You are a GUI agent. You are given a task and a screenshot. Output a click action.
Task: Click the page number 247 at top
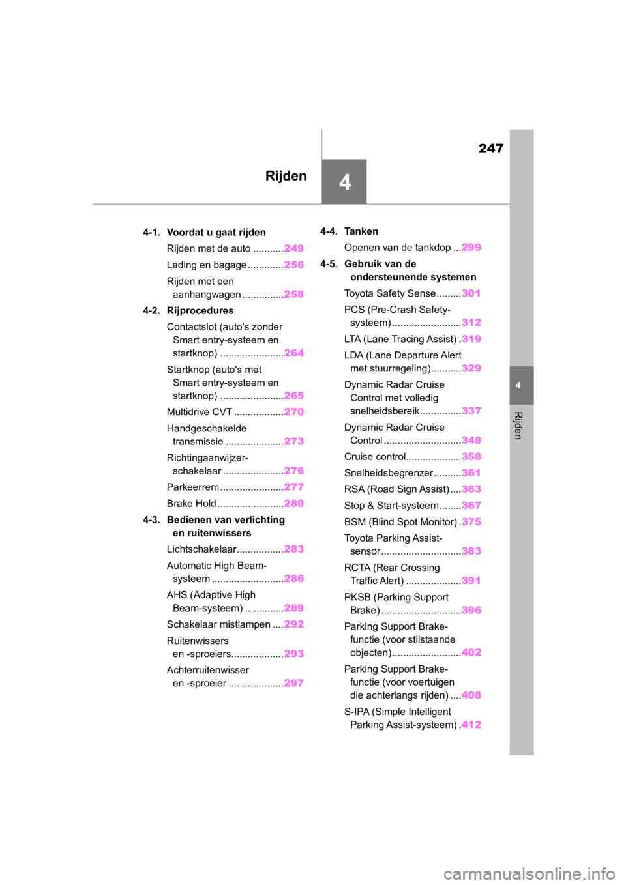click(x=490, y=149)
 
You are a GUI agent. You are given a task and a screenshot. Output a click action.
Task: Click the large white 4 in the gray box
click(x=344, y=182)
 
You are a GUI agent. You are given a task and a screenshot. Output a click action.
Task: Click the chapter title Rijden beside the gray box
click(x=286, y=176)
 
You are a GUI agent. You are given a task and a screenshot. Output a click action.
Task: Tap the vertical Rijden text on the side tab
click(x=518, y=425)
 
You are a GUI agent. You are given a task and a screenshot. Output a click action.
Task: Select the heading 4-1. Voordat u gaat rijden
click(x=204, y=232)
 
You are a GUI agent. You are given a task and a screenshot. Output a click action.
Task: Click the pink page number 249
click(x=293, y=248)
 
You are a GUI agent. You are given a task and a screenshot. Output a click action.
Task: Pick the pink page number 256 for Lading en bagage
click(x=293, y=265)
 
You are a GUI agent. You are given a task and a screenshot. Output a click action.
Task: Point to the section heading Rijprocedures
click(x=200, y=311)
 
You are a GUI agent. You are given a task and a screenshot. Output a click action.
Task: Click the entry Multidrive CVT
click(x=199, y=412)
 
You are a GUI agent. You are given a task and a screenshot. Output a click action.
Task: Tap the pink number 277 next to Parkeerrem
click(x=293, y=487)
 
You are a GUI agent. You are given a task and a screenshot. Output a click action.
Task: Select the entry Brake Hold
click(x=191, y=503)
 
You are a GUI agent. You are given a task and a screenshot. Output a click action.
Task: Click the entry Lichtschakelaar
click(x=201, y=549)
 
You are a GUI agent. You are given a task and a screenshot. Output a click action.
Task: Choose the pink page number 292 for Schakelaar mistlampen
click(x=293, y=624)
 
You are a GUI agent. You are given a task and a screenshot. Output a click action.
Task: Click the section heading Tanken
click(x=361, y=231)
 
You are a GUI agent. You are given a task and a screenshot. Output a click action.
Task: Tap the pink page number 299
click(x=471, y=248)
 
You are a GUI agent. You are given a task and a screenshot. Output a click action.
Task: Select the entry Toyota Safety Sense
click(x=390, y=293)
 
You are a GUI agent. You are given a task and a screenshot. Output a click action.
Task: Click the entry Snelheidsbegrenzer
click(x=388, y=473)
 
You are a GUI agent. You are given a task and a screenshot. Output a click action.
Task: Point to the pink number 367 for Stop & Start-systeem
click(x=471, y=505)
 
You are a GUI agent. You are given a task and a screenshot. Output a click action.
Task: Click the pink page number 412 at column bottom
click(x=471, y=725)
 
